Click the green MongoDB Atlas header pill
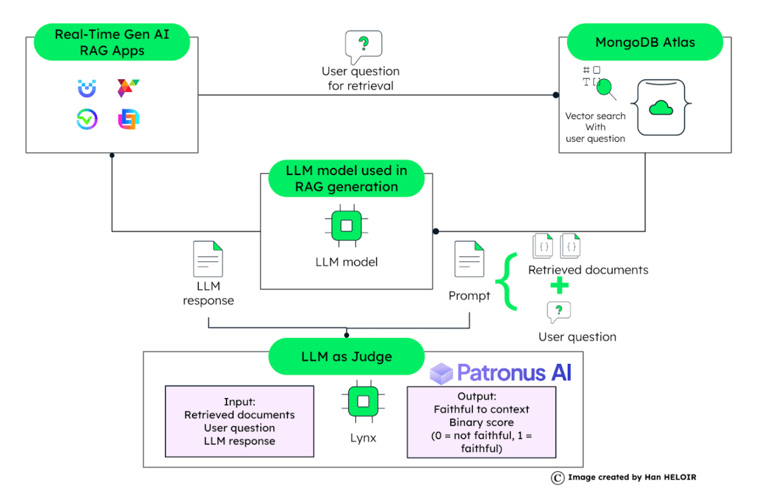[x=645, y=42]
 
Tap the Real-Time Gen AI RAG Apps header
[x=112, y=42]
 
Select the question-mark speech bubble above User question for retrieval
[x=363, y=45]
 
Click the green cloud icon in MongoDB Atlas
[x=661, y=107]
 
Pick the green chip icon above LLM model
[x=346, y=225]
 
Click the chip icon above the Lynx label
[x=363, y=401]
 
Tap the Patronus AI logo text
[x=514, y=373]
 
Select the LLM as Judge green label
[x=346, y=357]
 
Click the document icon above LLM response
[x=208, y=259]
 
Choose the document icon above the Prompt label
[x=469, y=259]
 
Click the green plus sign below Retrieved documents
[x=559, y=286]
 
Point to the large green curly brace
[x=507, y=281]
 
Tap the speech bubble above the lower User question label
[x=558, y=311]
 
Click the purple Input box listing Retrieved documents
[x=239, y=421]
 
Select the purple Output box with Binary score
[x=481, y=422]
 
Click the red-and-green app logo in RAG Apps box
[x=128, y=88]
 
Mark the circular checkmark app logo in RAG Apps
[x=87, y=119]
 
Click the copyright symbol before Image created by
[x=557, y=477]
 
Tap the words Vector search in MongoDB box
[x=595, y=116]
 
